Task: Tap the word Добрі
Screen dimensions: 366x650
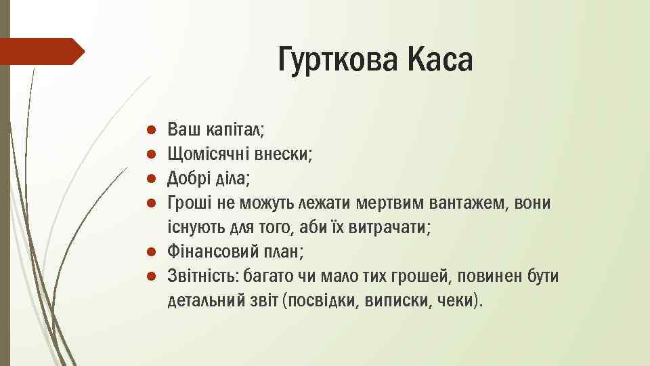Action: click(190, 179)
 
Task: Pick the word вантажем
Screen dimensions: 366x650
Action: click(460, 203)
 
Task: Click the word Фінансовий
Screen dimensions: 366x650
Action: click(211, 253)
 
